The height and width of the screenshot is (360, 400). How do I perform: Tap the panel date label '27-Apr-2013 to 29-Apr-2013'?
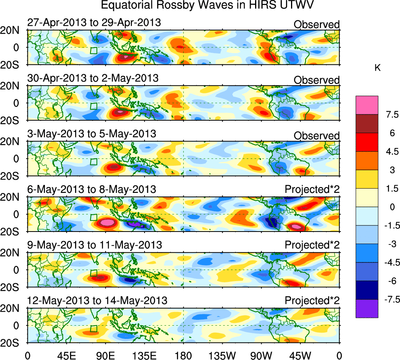94,23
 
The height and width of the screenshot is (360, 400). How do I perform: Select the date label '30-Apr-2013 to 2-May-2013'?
93,78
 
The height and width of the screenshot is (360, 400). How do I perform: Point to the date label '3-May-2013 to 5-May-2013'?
92,134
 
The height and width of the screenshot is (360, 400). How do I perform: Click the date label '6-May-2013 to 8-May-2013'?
92,189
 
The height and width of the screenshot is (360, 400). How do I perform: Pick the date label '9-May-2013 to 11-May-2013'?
95,245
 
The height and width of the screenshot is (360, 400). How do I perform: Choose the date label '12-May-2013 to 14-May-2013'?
97,301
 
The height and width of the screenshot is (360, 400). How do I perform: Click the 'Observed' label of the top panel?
316,25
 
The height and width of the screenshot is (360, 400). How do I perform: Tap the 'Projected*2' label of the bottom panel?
312,301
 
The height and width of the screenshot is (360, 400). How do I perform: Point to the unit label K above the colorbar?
377,68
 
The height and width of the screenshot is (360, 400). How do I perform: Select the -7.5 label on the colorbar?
391,300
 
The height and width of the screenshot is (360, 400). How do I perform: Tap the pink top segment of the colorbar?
367,105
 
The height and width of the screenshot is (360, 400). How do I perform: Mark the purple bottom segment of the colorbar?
367,308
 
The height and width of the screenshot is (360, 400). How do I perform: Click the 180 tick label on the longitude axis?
184,355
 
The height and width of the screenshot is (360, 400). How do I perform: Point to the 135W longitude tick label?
223,355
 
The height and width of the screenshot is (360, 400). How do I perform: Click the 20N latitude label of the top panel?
13,30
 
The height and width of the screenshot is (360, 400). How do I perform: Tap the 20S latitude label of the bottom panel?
13,342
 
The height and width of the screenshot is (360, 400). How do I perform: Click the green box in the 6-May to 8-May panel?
94,218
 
